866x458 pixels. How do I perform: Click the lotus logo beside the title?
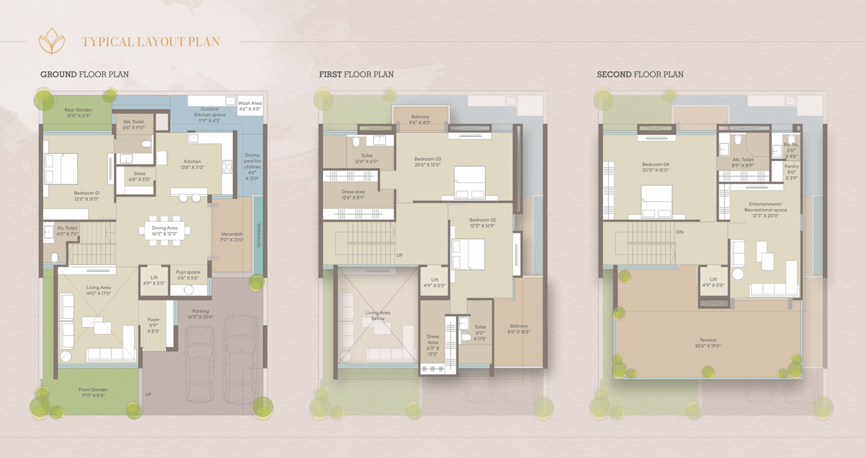[x=52, y=41]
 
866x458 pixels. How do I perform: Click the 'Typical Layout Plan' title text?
[x=151, y=41]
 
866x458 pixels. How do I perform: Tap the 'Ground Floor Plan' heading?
[x=85, y=74]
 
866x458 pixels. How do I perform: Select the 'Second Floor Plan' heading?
[x=640, y=74]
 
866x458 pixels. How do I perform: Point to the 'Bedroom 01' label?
[x=87, y=193]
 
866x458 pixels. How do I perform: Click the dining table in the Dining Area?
[x=165, y=231]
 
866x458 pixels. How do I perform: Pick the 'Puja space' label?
[x=188, y=272]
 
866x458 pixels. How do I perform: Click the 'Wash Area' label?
[x=250, y=103]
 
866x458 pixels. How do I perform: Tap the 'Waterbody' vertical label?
[x=259, y=235]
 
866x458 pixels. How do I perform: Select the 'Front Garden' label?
[x=93, y=389]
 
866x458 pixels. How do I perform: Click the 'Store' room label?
[x=140, y=174]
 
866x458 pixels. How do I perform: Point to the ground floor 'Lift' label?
[x=154, y=278]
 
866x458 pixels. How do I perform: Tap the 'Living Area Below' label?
[x=378, y=316]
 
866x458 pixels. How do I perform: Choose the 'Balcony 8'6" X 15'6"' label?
[x=519, y=329]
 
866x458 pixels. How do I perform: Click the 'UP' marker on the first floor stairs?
[x=399, y=255]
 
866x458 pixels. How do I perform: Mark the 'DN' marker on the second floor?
[x=680, y=232]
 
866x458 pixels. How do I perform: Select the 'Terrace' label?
[x=708, y=340]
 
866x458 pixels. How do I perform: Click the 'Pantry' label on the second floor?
[x=792, y=166]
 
